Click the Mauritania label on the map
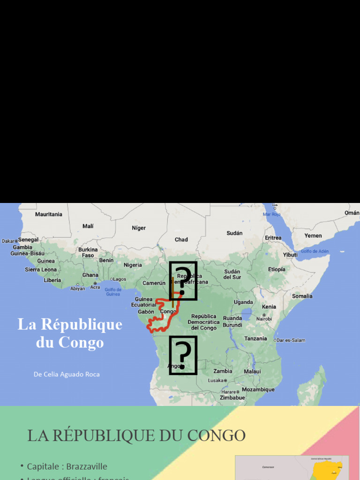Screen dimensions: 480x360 click(49, 214)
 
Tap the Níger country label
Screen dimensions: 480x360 click(139, 228)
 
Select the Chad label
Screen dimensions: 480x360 click(181, 240)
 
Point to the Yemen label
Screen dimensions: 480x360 click(313, 236)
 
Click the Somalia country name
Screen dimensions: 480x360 click(302, 296)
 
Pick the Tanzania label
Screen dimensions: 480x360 click(255, 338)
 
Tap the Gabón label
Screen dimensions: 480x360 click(146, 312)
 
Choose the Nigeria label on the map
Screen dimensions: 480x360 click(133, 265)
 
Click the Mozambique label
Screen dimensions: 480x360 click(258, 390)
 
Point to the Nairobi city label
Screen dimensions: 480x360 click(264, 319)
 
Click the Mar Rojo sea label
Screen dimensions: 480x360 click(271, 214)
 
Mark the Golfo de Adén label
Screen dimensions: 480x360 click(315, 251)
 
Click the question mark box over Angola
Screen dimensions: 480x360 click(183, 355)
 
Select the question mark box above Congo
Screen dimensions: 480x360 click(183, 280)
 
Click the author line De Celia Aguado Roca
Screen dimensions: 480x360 click(67, 374)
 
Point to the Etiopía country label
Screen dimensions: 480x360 click(277, 270)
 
